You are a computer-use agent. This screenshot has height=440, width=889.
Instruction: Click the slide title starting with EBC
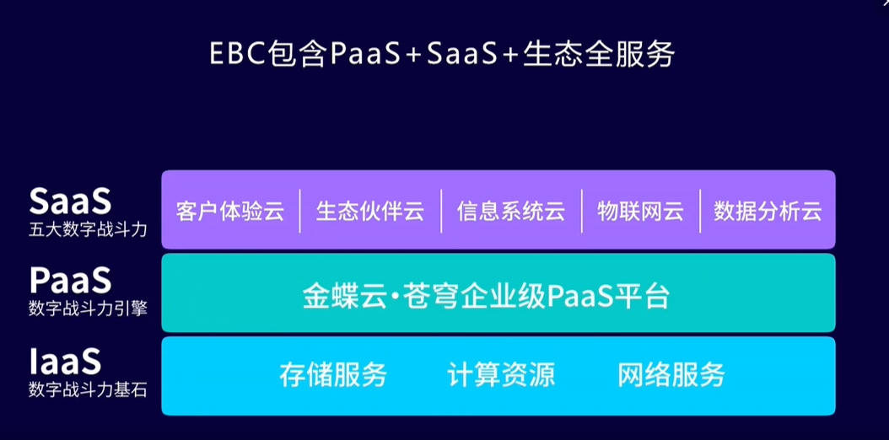point(442,55)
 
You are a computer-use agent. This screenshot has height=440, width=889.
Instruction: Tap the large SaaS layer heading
point(70,201)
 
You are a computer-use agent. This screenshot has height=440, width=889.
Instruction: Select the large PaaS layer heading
point(70,280)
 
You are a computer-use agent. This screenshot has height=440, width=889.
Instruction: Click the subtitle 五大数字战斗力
point(88,230)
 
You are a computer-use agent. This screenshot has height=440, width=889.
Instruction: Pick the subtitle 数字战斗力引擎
point(88,309)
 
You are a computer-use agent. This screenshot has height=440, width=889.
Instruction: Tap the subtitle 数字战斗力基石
point(88,390)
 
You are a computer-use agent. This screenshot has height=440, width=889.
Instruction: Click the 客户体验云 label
point(229,212)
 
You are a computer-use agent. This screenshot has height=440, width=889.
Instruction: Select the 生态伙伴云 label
point(369,212)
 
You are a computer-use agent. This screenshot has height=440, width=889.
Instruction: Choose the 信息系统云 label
point(511,212)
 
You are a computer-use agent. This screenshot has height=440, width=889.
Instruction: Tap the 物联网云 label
point(640,212)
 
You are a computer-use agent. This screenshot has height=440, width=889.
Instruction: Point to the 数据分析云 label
point(768,212)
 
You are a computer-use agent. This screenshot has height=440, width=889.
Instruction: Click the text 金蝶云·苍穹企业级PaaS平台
point(487,296)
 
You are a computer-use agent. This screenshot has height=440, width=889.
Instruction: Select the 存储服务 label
point(333,374)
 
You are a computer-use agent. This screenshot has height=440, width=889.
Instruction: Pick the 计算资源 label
point(501,374)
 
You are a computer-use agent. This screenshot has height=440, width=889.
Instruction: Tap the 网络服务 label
point(671,374)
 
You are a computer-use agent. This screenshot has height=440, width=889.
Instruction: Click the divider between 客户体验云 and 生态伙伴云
point(300,212)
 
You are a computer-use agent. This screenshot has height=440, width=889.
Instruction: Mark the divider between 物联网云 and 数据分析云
point(700,212)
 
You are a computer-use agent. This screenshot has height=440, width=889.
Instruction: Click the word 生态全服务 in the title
point(599,55)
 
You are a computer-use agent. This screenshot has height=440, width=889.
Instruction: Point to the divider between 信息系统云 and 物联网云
point(582,212)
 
